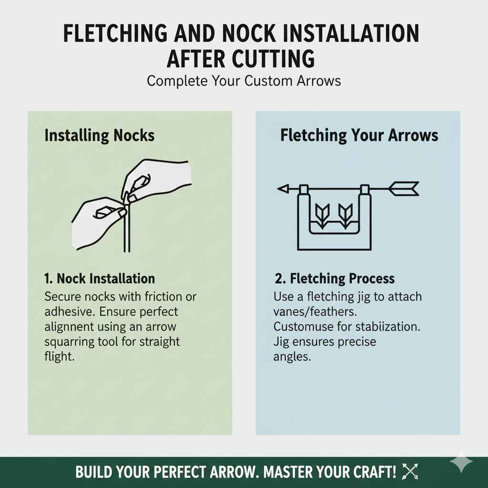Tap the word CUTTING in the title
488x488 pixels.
[x=273, y=59]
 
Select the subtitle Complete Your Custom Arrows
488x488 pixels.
[x=244, y=80]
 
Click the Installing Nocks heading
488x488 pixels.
[x=99, y=135]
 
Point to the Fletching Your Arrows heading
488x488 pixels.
[x=359, y=135]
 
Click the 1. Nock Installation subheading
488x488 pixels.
[x=99, y=278]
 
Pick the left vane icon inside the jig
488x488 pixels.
[x=323, y=214]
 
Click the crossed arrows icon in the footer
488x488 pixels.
[x=409, y=472]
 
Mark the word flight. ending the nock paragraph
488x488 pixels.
[x=60, y=356]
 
